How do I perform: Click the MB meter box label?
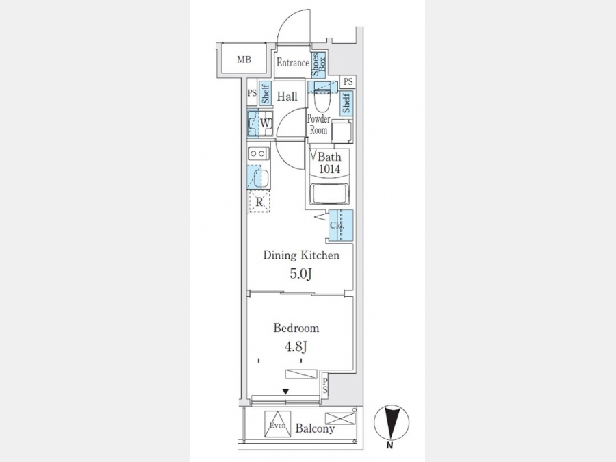[244, 60]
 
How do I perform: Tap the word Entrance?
[293, 62]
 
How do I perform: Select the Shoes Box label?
[318, 64]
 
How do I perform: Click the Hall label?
[287, 97]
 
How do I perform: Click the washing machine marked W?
[260, 123]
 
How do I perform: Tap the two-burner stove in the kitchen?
[258, 153]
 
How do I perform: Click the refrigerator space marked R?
[259, 202]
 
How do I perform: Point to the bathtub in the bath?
[329, 194]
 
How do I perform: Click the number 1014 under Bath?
[330, 169]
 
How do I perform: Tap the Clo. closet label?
[337, 225]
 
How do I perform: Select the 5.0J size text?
[301, 273]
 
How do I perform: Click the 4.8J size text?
[296, 346]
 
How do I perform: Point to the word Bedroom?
[296, 328]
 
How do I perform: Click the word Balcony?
[315, 428]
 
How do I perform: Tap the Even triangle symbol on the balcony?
[278, 424]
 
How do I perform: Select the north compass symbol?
[391, 423]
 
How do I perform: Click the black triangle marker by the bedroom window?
[285, 392]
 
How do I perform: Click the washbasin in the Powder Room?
[341, 131]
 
